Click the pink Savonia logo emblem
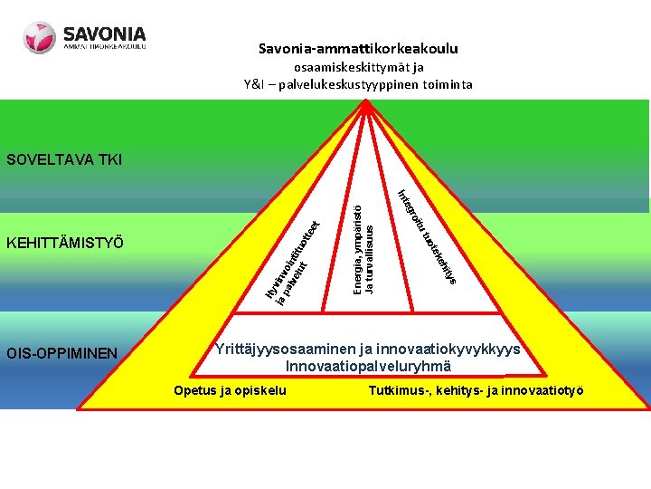click(x=41, y=37)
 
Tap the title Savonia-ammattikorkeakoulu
click(x=358, y=48)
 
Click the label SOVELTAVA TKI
click(x=63, y=160)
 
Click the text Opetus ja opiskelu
click(x=229, y=390)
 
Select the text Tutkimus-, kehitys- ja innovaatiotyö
click(x=476, y=390)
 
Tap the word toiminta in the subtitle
click(x=448, y=84)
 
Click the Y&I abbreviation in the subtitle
click(x=254, y=84)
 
